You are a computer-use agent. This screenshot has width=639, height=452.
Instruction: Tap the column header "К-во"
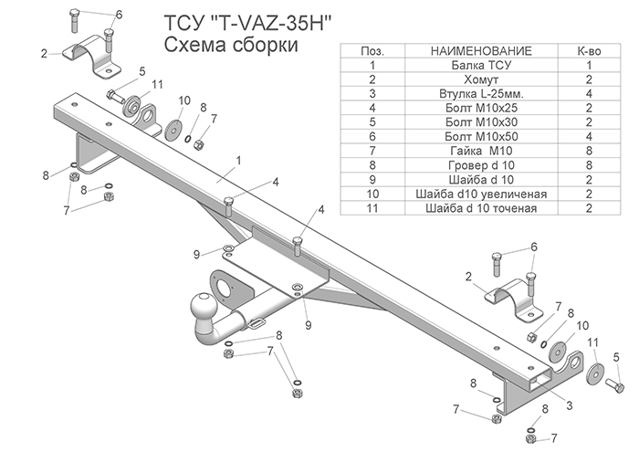pos(589,51)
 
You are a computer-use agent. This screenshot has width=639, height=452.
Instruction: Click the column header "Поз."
pos(372,51)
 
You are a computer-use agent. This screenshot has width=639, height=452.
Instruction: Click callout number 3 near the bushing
pos(569,405)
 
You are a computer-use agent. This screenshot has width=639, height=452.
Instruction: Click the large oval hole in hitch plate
pos(222,286)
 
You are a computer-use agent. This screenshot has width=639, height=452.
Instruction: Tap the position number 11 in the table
pos(372,209)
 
